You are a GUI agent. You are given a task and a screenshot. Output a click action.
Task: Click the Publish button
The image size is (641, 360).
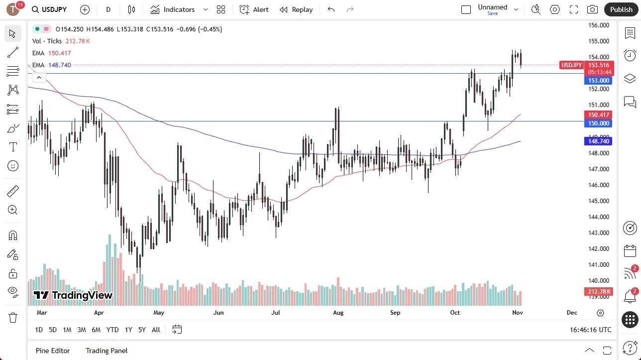(x=621, y=9)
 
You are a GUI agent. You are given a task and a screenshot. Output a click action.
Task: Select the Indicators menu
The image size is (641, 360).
(x=179, y=9)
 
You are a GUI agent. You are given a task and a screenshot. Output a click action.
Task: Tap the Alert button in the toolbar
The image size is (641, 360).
(x=254, y=9)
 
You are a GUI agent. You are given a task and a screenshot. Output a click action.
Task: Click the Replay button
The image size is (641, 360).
(x=296, y=9)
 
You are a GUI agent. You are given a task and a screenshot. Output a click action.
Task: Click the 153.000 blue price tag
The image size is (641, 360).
(x=599, y=81)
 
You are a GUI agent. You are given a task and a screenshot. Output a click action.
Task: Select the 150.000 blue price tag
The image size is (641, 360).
(x=599, y=123)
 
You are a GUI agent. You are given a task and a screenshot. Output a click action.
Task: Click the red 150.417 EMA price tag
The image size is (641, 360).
(x=599, y=115)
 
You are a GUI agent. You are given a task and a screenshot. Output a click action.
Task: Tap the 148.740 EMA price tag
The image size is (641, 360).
(x=599, y=141)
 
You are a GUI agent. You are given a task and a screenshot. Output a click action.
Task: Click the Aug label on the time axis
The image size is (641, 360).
(x=338, y=313)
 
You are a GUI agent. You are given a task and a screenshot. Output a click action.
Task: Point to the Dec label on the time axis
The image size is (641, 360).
(x=572, y=313)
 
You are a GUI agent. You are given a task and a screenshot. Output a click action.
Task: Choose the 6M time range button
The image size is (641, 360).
(x=96, y=330)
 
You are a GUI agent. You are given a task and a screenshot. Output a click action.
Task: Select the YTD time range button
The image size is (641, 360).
(x=112, y=330)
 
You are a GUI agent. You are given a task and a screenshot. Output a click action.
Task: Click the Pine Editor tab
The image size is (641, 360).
(x=53, y=351)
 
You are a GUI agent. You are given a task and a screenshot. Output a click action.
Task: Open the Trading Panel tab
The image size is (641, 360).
(x=107, y=351)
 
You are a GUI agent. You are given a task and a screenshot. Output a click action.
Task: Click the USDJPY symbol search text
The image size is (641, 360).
(x=54, y=9)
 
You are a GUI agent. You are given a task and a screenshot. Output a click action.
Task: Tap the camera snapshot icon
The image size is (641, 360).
(x=592, y=9)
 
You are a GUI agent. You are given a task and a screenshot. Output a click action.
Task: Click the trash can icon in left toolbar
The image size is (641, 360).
(x=13, y=318)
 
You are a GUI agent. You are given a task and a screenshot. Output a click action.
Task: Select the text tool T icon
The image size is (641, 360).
(x=13, y=147)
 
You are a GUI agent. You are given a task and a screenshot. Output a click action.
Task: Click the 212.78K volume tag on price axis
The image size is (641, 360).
(x=599, y=292)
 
